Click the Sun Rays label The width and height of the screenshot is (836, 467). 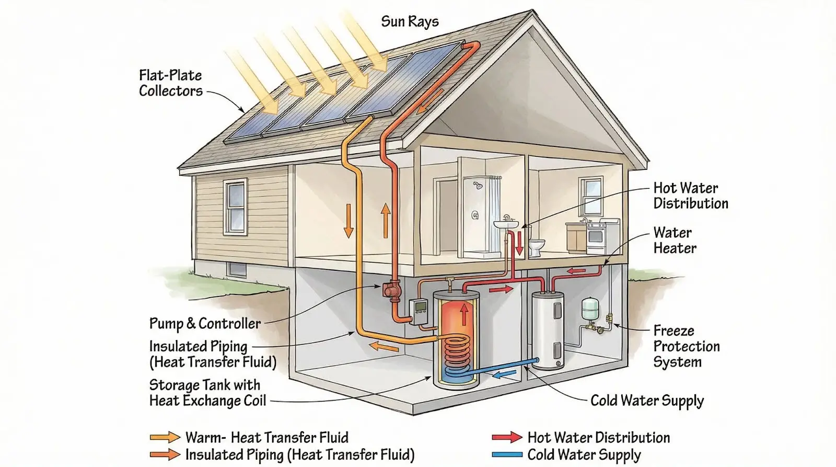(x=410, y=21)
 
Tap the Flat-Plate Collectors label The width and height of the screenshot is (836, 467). (x=170, y=83)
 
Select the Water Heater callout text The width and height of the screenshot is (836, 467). (x=675, y=241)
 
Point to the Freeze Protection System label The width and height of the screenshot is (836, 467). (x=686, y=346)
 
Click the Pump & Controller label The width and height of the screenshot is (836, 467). (x=205, y=324)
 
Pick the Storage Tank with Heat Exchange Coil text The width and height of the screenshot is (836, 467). (x=207, y=393)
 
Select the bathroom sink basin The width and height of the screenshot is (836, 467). (x=506, y=224)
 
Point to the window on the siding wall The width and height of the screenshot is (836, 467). (x=235, y=207)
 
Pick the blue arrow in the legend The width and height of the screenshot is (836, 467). (x=506, y=454)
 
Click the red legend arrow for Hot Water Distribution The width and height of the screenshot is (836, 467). (x=506, y=437)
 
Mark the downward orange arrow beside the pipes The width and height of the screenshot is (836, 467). (x=348, y=225)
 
